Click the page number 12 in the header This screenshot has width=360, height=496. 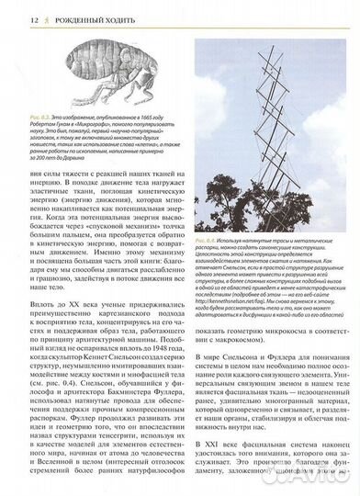click(x=12, y=18)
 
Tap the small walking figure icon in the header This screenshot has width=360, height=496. click(x=27, y=18)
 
